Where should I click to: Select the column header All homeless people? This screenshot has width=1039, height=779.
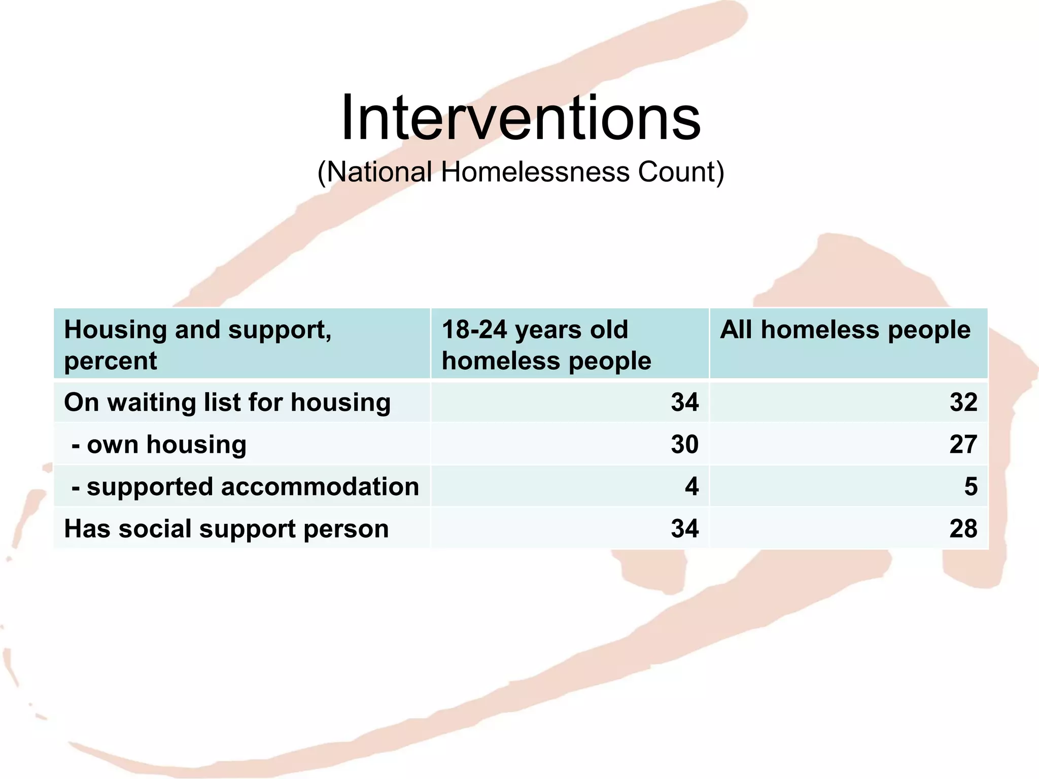[x=845, y=330]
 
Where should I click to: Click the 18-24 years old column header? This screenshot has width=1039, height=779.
[x=546, y=345]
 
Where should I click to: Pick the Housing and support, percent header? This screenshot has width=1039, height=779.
[x=198, y=345]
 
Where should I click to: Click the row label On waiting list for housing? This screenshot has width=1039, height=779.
[x=227, y=402]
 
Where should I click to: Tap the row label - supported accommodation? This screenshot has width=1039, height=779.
[x=246, y=486]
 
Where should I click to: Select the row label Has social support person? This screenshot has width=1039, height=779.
[x=226, y=528]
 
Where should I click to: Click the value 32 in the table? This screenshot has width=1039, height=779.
[x=963, y=402]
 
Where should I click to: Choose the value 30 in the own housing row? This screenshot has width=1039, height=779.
[x=684, y=444]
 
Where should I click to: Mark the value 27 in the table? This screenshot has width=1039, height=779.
[x=963, y=444]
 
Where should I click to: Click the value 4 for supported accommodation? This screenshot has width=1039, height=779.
[x=691, y=486]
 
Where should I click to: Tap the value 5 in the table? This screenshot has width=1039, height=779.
[x=970, y=486]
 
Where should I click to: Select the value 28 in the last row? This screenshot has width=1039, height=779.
[x=963, y=528]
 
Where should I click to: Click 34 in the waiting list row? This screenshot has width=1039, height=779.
[x=684, y=402]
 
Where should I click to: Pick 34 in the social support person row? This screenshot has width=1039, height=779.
[x=684, y=528]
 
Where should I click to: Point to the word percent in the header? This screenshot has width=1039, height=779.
[x=111, y=361]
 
